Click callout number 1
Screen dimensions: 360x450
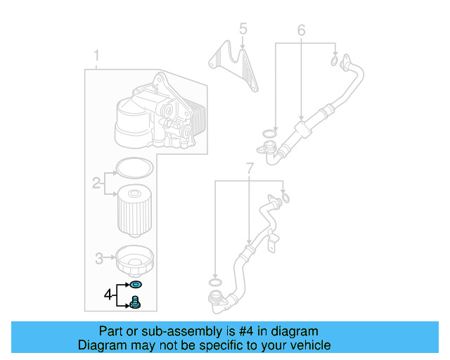(x=97, y=56)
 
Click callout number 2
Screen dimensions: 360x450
(x=96, y=184)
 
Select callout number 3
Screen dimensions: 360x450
(x=99, y=257)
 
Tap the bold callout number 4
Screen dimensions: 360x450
(x=109, y=294)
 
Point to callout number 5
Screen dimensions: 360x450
(x=243, y=29)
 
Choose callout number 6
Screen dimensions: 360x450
(x=301, y=30)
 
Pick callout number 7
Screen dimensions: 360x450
(x=250, y=168)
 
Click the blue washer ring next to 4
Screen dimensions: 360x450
(x=136, y=285)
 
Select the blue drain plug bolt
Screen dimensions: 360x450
(x=136, y=303)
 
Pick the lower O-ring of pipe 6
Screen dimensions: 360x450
(x=269, y=134)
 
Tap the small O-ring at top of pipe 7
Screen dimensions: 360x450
(x=284, y=196)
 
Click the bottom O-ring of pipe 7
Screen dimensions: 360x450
(x=217, y=283)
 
